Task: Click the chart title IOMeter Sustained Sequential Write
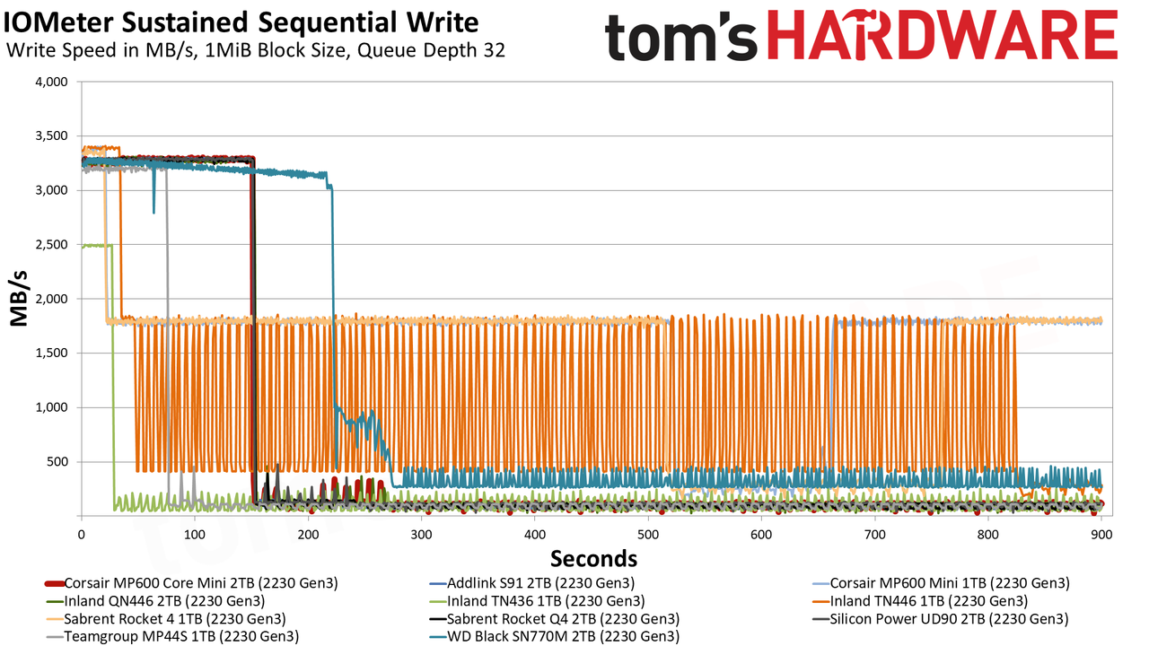[241, 22]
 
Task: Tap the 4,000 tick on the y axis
[51, 82]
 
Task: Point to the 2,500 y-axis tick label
[51, 245]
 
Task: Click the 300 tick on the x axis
[421, 535]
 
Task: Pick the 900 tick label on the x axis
[1101, 535]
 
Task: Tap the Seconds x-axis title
[594, 559]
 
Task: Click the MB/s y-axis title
[19, 299]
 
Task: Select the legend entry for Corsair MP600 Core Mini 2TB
[191, 583]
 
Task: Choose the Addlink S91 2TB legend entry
[532, 583]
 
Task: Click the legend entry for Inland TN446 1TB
[920, 601]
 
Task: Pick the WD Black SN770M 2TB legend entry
[554, 637]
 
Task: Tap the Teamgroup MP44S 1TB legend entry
[171, 637]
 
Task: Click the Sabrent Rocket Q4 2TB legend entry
[554, 619]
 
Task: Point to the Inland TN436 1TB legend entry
[537, 601]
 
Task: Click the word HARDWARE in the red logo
[943, 34]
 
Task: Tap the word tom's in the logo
[681, 37]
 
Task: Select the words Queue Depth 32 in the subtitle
[432, 50]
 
